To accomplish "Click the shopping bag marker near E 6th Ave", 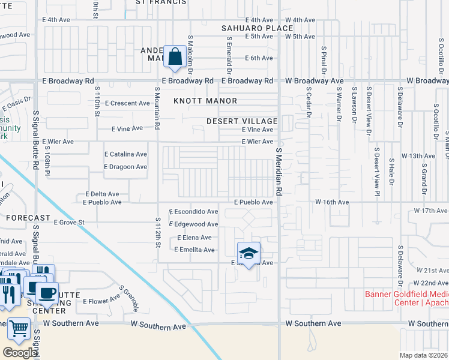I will point(173,58).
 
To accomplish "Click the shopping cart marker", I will point(19,329).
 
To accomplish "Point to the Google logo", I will point(19,352).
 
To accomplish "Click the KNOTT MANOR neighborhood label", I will point(205,101).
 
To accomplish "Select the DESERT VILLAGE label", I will point(242,121).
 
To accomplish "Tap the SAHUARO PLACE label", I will point(249,28).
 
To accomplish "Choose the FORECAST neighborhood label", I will point(28,218).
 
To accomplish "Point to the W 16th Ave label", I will point(332,203).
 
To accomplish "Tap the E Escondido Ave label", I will point(193,212).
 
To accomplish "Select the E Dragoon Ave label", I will point(125,167).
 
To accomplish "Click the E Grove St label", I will point(70,223).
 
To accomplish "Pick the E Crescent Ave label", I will point(127,103).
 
